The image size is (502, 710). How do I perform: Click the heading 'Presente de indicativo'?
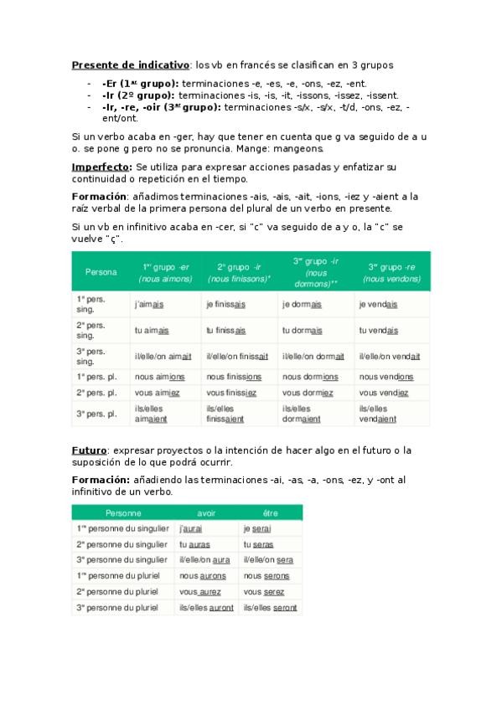click(131, 64)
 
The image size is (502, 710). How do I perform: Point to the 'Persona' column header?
click(101, 272)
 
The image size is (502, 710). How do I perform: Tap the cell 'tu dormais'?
click(303, 330)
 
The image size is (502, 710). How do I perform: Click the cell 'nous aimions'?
click(160, 377)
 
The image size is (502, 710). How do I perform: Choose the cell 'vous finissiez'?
click(231, 393)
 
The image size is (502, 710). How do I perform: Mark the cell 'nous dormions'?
click(310, 377)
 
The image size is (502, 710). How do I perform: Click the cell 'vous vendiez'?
click(384, 393)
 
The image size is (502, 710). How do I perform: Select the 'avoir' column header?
click(206, 512)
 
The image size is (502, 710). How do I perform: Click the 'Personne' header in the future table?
click(123, 512)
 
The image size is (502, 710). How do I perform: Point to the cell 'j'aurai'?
click(193, 529)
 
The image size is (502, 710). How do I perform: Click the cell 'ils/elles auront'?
click(207, 608)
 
